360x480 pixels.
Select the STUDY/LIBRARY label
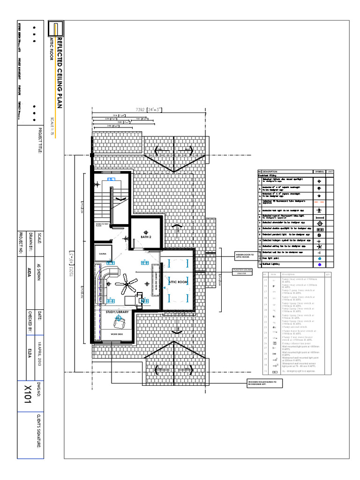[117, 311]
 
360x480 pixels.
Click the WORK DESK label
[117, 334]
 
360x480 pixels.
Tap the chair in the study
[119, 322]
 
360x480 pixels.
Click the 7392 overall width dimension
[148, 110]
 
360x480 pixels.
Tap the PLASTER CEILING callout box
[243, 271]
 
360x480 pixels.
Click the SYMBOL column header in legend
[319, 172]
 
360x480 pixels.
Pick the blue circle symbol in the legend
[319, 258]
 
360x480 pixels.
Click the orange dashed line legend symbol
[319, 202]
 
